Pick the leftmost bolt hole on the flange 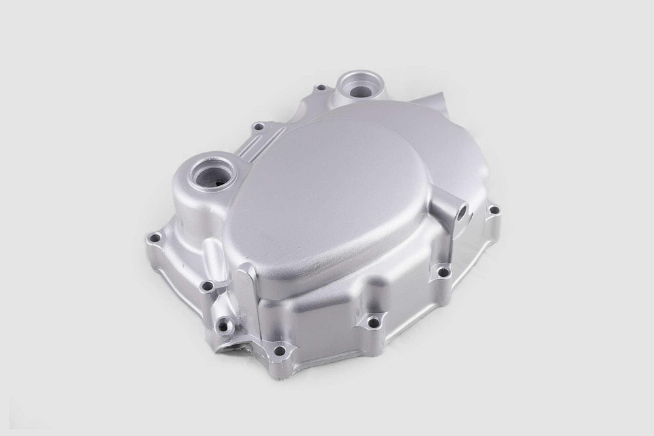(155, 238)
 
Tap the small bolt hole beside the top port (320, 88)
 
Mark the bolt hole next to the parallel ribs (259, 126)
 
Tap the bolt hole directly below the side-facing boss (443, 271)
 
